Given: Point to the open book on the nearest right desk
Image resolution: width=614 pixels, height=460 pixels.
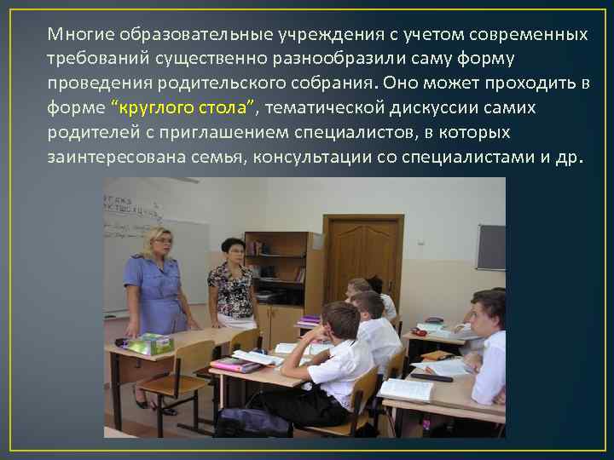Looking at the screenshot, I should [406, 388].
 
